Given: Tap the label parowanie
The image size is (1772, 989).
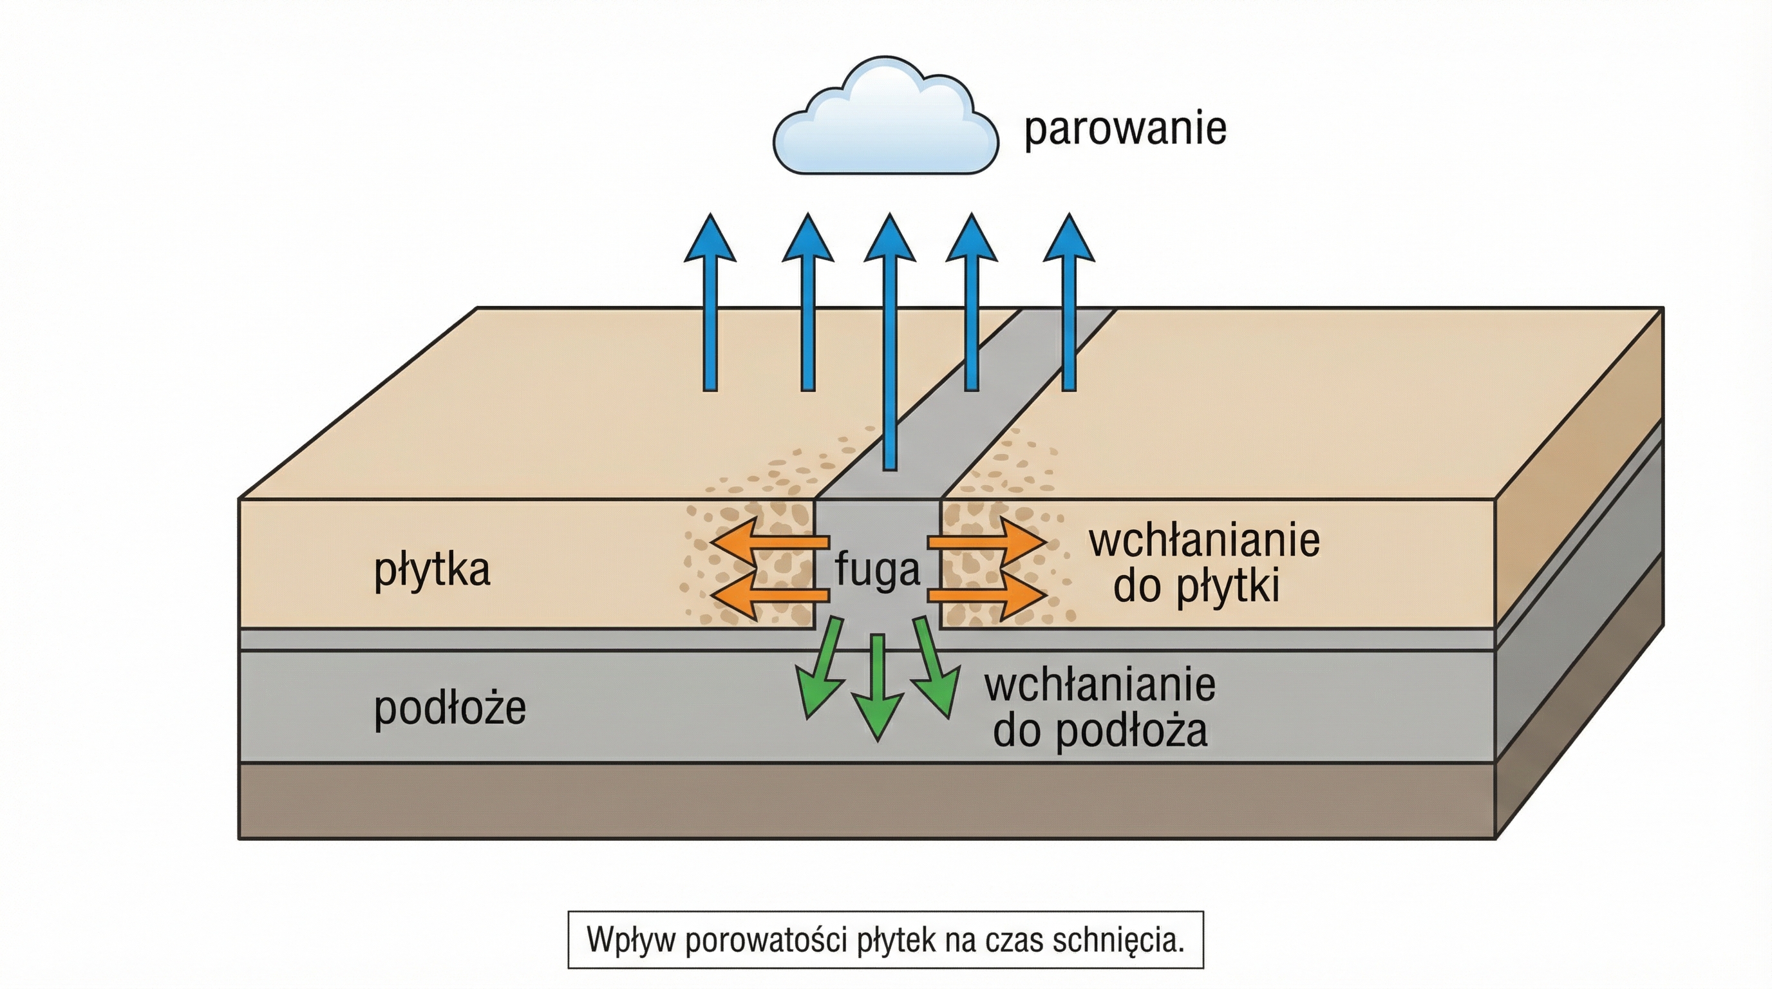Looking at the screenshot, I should (1125, 129).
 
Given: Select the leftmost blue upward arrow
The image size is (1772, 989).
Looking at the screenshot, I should (710, 303).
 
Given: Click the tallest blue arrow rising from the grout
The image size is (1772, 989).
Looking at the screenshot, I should (889, 344).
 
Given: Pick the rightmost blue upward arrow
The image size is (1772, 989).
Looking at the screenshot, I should (1069, 303).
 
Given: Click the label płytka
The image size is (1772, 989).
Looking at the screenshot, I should (432, 570).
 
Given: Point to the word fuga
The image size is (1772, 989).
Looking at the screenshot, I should (877, 570).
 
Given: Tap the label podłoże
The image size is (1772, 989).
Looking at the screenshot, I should (450, 708).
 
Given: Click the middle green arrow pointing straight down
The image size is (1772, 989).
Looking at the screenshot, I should (878, 688).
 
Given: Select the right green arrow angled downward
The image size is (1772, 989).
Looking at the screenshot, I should (934, 670).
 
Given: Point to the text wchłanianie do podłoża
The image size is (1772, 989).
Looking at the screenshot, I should (1099, 708).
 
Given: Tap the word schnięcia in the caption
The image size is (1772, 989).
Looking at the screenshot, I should (1118, 940).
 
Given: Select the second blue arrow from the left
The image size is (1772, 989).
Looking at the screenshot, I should (808, 303).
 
